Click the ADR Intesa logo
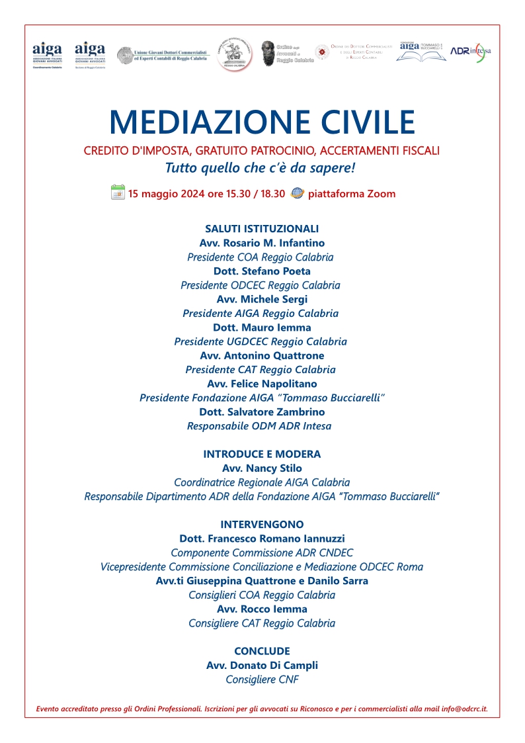[x=471, y=52]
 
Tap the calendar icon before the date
[x=118, y=193]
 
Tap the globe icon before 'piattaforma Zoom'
[x=298, y=193]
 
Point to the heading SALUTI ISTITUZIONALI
[x=262, y=229]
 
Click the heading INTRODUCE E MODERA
[x=262, y=455]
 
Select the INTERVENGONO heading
[x=262, y=525]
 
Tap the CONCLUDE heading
[x=262, y=651]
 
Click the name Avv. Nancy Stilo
[x=262, y=468]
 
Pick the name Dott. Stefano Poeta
[x=262, y=271]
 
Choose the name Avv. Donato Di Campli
[x=262, y=665]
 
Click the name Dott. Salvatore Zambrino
[x=262, y=412]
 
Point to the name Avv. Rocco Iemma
[x=262, y=609]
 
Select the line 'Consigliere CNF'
[x=262, y=679]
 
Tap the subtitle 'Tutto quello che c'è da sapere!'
[x=260, y=168]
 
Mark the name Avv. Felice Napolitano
[x=262, y=384]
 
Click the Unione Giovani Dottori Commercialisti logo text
[x=171, y=55]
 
